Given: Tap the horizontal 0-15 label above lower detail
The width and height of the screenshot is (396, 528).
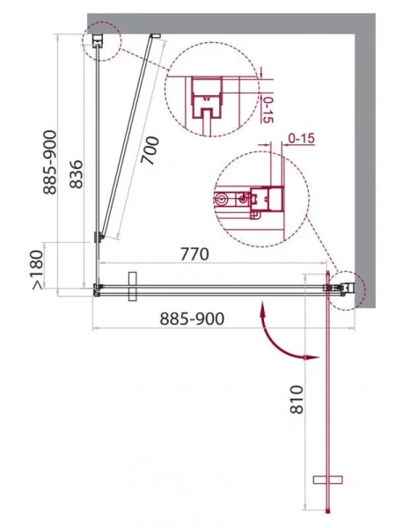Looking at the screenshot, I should tap(301, 138).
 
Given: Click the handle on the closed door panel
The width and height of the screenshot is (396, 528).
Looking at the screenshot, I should tap(132, 286).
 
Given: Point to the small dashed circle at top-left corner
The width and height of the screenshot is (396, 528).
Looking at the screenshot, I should tap(99, 40).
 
